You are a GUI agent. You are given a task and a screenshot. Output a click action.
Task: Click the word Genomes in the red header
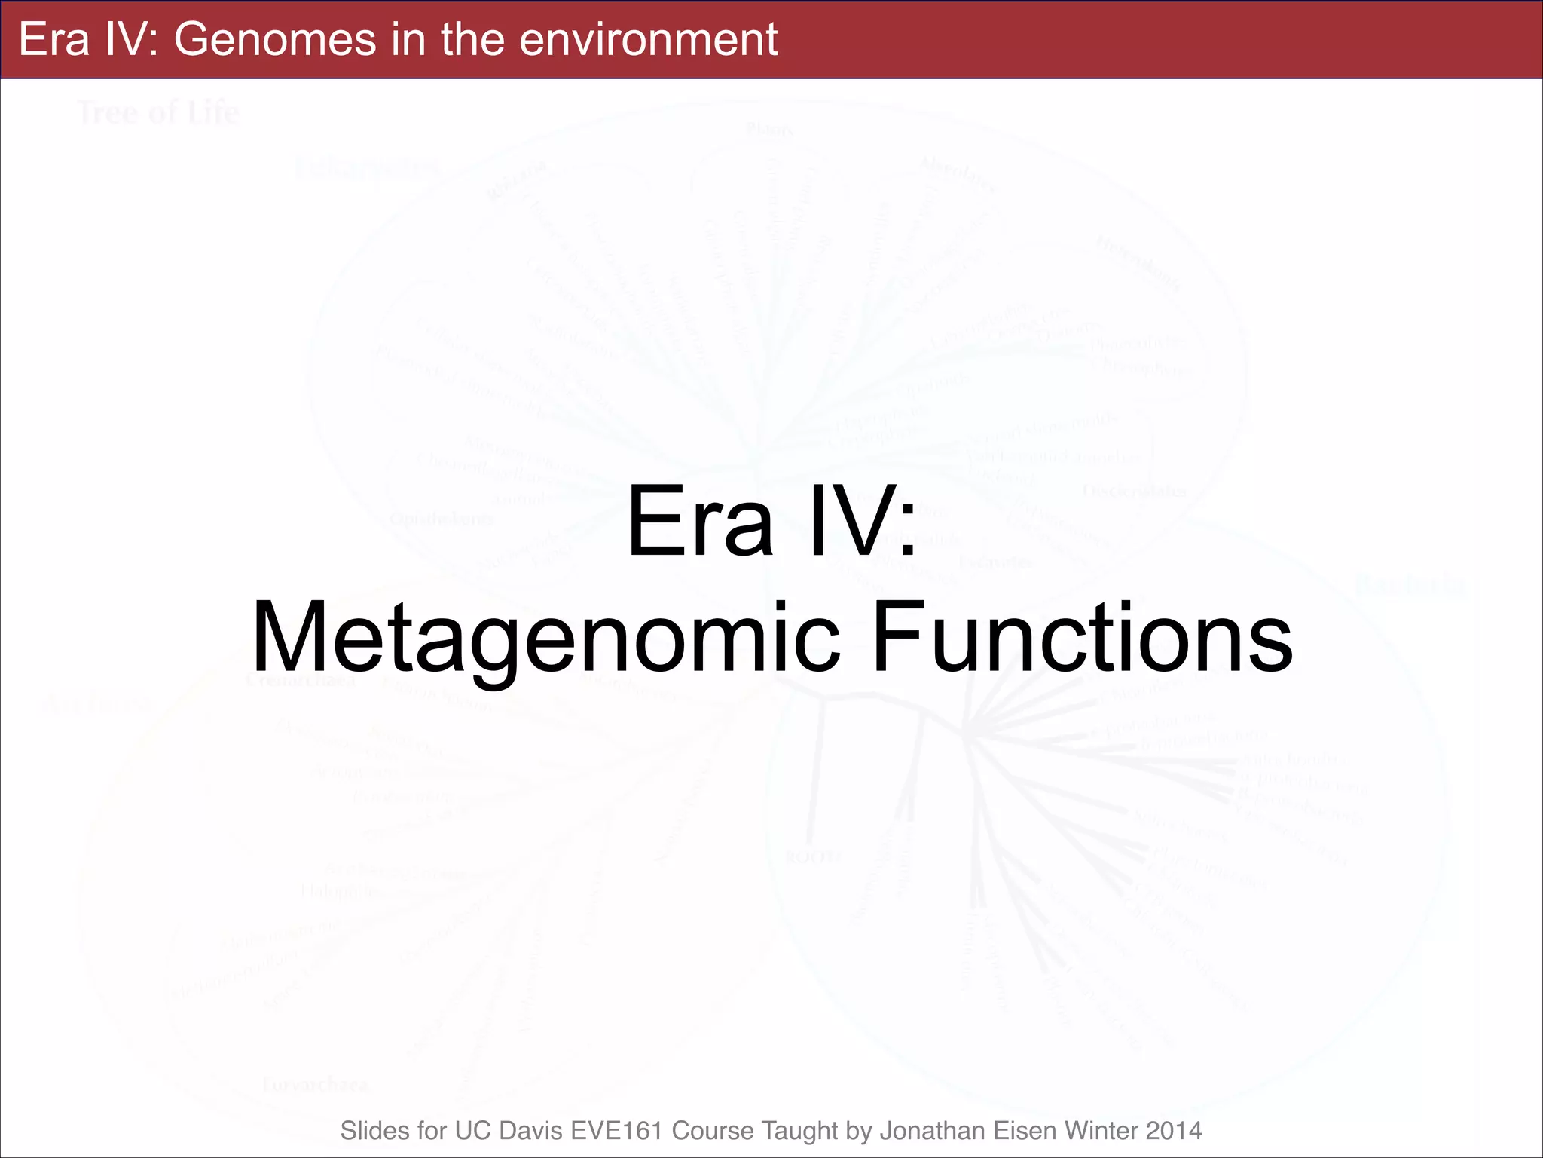(274, 39)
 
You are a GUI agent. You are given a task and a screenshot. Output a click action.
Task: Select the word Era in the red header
(53, 39)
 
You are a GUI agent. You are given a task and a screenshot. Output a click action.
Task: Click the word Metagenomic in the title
(545, 637)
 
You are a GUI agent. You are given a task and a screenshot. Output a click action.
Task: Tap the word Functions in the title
(1082, 637)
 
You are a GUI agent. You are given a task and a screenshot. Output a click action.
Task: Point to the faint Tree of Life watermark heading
(158, 113)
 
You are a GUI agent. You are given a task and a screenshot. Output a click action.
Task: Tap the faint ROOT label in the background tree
(813, 857)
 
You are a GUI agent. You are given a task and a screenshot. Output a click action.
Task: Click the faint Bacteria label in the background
(1409, 584)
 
